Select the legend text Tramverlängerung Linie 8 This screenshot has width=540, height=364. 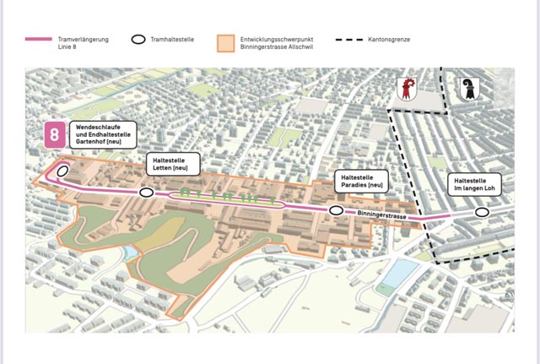pyautogui.click(x=83, y=44)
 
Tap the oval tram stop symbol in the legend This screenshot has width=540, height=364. pyautogui.click(x=139, y=40)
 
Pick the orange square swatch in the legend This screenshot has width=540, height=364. pyautogui.click(x=224, y=43)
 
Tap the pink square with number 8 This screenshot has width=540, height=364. pyautogui.click(x=56, y=135)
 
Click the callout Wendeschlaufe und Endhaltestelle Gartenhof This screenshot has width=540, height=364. pyautogui.click(x=103, y=136)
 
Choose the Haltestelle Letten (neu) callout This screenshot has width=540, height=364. pyautogui.click(x=172, y=164)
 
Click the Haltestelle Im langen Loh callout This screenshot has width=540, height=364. pyautogui.click(x=477, y=184)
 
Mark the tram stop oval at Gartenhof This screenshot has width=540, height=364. pyautogui.click(x=62, y=171)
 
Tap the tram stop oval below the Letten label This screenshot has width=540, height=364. pyautogui.click(x=147, y=193)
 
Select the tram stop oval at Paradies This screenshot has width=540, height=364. pyautogui.click(x=336, y=210)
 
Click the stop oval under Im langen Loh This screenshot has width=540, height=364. pyautogui.click(x=482, y=212)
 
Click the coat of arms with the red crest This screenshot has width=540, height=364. pyautogui.click(x=408, y=89)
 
